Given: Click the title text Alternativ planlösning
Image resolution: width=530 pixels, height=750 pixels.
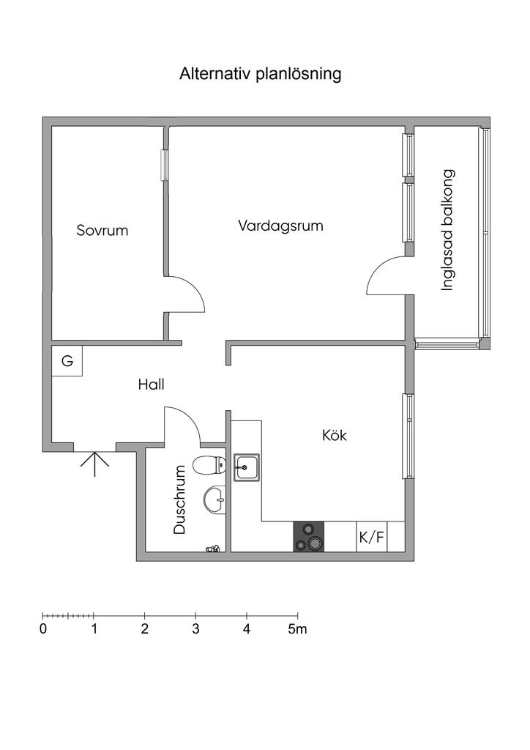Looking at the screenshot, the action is point(261,75).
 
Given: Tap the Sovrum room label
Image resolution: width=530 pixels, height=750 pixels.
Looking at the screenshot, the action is point(102,231).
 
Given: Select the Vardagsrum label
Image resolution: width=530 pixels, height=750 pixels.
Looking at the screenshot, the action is point(280,226).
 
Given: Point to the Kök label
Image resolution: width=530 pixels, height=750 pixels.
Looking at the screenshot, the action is point(334,435).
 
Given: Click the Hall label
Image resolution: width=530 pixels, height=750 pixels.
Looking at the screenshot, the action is point(151,384).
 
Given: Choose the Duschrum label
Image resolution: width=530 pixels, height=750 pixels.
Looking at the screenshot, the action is point(179,500).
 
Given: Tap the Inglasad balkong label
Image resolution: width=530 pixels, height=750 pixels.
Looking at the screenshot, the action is point(447,230).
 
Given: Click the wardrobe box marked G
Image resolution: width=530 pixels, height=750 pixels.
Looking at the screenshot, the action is point(67,360).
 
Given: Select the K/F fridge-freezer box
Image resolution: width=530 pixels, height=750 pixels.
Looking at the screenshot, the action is point(371,537).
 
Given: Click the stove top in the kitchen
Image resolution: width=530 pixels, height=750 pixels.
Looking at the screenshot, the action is point(309,537).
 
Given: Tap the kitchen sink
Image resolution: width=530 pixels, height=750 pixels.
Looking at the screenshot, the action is point(247,467).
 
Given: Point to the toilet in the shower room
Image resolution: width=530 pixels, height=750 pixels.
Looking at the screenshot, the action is point(210,464).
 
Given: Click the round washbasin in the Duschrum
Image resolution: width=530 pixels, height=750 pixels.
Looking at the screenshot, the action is point(214,500).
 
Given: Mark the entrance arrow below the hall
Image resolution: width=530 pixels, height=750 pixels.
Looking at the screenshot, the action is point(94,464).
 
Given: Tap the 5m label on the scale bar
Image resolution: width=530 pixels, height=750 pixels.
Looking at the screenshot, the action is point(297,629).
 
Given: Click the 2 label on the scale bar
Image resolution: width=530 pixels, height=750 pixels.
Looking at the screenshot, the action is point(145,629).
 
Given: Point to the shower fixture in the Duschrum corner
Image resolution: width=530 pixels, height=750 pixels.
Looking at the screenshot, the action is point(214,549).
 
